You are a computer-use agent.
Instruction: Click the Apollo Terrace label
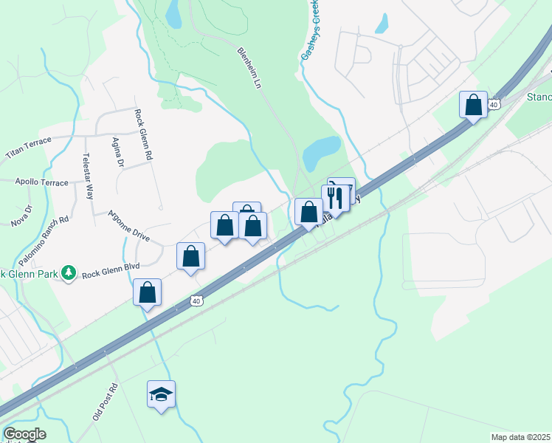coord(41,181)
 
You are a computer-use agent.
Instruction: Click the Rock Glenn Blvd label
coord(111,274)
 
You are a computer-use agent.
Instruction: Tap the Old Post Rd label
coord(106,402)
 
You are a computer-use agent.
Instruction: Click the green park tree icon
coord(69,273)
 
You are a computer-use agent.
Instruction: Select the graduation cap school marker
coord(161,394)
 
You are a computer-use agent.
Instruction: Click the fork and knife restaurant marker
coord(334,198)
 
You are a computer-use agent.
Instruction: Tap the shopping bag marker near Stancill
coord(473,105)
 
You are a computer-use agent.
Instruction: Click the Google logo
coord(24,434)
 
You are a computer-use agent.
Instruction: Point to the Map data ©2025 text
coord(520,436)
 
